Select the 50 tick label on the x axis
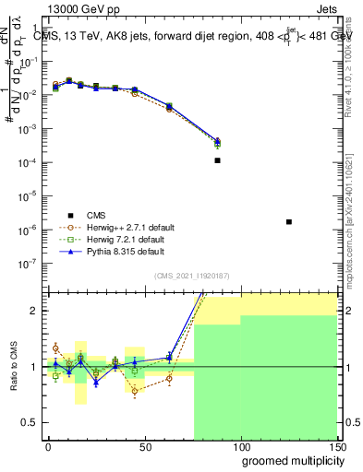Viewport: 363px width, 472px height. click(x=144, y=446)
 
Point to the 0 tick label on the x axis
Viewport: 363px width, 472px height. click(x=48, y=446)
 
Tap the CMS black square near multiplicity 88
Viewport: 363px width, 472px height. click(x=217, y=160)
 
